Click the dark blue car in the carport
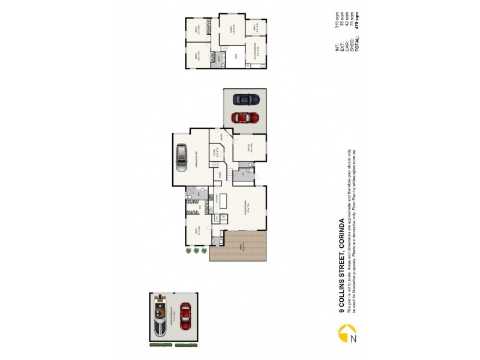point(246,98)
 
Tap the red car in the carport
point(245,118)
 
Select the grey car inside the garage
point(182,157)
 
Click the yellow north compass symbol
point(344,332)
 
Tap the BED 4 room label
point(256,27)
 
